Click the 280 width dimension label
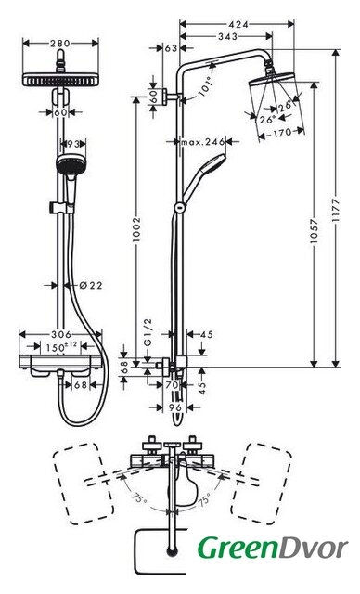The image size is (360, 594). (60, 44)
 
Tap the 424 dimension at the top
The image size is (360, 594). (238, 24)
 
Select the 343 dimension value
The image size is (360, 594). (228, 36)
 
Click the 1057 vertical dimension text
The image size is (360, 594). (314, 231)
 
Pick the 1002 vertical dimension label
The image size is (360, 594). (136, 229)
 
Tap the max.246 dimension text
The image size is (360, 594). (203, 142)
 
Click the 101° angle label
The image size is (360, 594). (206, 86)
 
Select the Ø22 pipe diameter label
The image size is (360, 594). (91, 285)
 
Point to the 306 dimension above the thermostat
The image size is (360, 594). (61, 334)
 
